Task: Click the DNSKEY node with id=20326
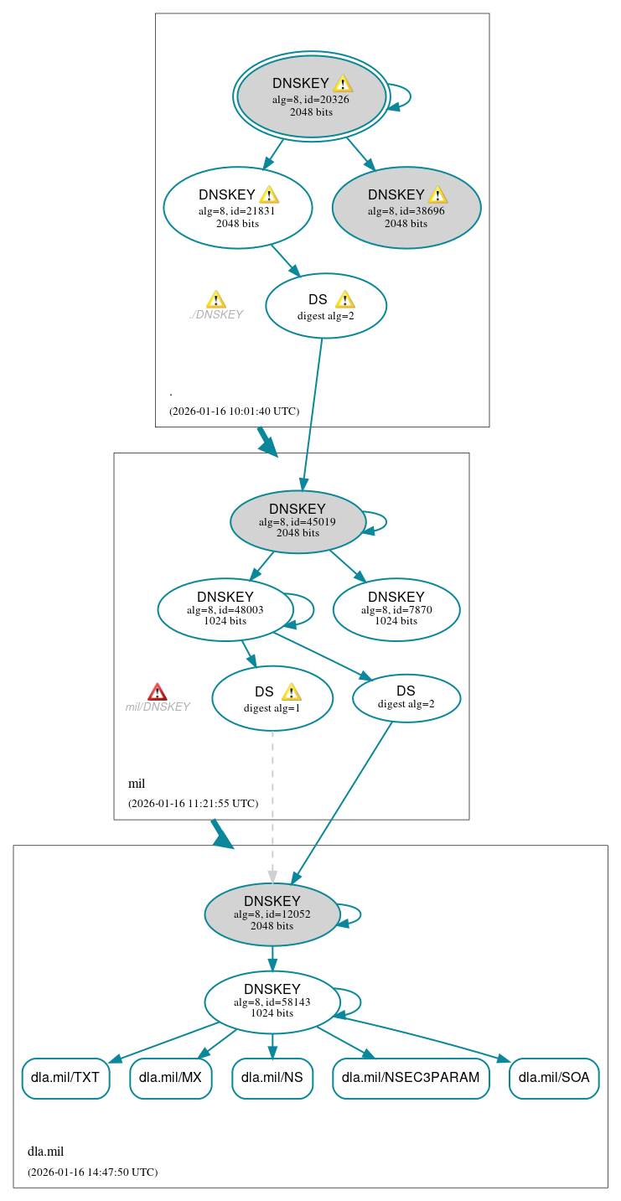(x=311, y=97)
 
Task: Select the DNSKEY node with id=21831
(x=237, y=208)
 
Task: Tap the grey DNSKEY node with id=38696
(x=406, y=208)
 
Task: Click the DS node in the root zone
(x=325, y=306)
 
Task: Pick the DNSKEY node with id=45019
(x=298, y=522)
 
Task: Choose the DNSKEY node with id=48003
(x=225, y=610)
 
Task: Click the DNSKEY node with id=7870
(x=396, y=610)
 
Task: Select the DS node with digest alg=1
(x=272, y=698)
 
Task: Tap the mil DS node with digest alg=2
(x=406, y=698)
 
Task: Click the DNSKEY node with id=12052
(x=272, y=915)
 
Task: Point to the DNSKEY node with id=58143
(x=272, y=1002)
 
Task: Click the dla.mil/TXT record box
(x=65, y=1078)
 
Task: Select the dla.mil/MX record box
(x=170, y=1078)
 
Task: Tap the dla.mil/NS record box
(x=272, y=1078)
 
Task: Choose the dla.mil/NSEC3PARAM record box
(x=411, y=1078)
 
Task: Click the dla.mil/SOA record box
(x=554, y=1078)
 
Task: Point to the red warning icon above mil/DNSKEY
(x=158, y=691)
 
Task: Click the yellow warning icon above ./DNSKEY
(x=215, y=300)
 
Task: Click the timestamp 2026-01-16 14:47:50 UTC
(x=92, y=1172)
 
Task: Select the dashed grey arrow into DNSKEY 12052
(x=272, y=805)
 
